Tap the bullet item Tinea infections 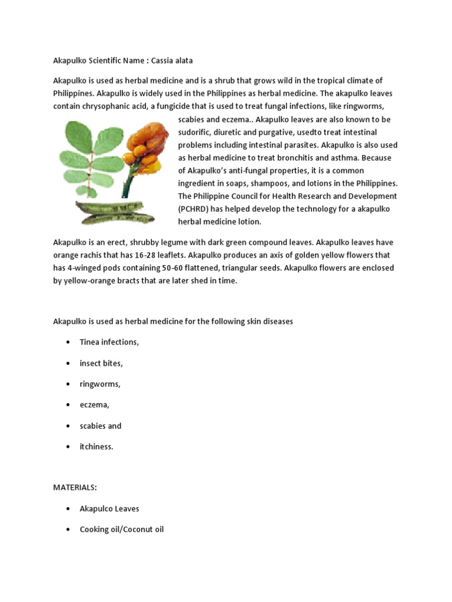click(109, 342)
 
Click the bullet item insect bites click(101, 363)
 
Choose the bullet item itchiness click(97, 447)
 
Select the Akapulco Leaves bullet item click(109, 509)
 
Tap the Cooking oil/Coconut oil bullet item click(122, 530)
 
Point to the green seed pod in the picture click(115, 210)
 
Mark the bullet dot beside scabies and click(69, 426)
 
